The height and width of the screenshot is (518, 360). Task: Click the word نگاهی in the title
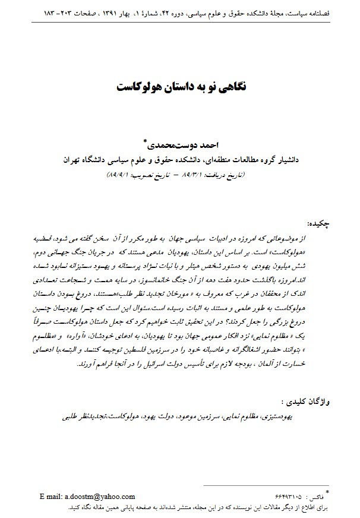tap(229, 86)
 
